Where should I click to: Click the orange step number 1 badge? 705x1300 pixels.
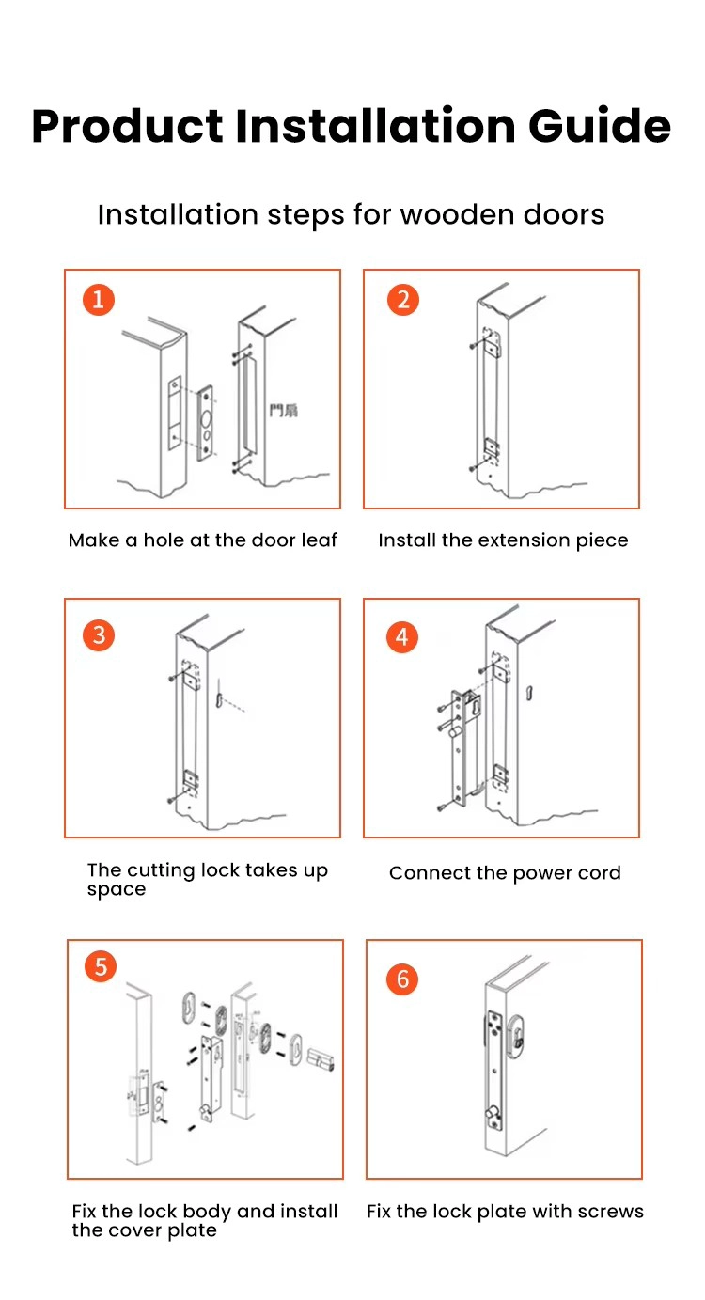point(99,300)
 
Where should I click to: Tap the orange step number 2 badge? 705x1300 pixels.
point(402,300)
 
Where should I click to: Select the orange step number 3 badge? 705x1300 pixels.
point(99,634)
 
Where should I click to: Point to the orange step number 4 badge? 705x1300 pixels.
point(402,637)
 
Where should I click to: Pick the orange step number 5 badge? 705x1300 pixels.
point(101,966)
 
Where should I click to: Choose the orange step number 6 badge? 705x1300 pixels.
point(402,979)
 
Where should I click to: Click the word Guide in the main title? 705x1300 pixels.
point(600,126)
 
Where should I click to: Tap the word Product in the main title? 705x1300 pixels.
point(127,126)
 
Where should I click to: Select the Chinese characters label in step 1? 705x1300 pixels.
point(284,411)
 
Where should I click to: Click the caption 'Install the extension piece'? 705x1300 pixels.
point(503,540)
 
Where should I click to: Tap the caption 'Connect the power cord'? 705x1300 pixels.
point(505,873)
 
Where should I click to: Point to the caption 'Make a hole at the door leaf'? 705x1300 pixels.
point(202,540)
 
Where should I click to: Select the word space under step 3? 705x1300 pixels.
point(117,890)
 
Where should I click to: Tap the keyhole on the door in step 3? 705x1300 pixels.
point(219,700)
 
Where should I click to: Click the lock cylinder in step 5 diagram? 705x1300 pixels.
point(321,1060)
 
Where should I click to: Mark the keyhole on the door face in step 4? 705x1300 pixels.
point(529,693)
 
